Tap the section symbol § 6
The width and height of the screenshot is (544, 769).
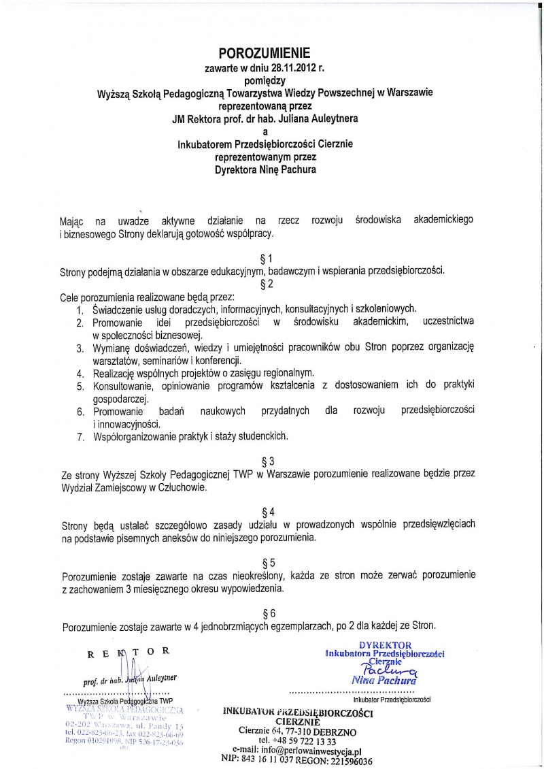click(x=268, y=612)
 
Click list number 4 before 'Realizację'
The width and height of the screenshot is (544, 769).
click(x=80, y=373)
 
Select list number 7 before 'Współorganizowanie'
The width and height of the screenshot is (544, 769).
click(x=80, y=436)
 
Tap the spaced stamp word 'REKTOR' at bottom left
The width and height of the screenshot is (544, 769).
click(x=126, y=651)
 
